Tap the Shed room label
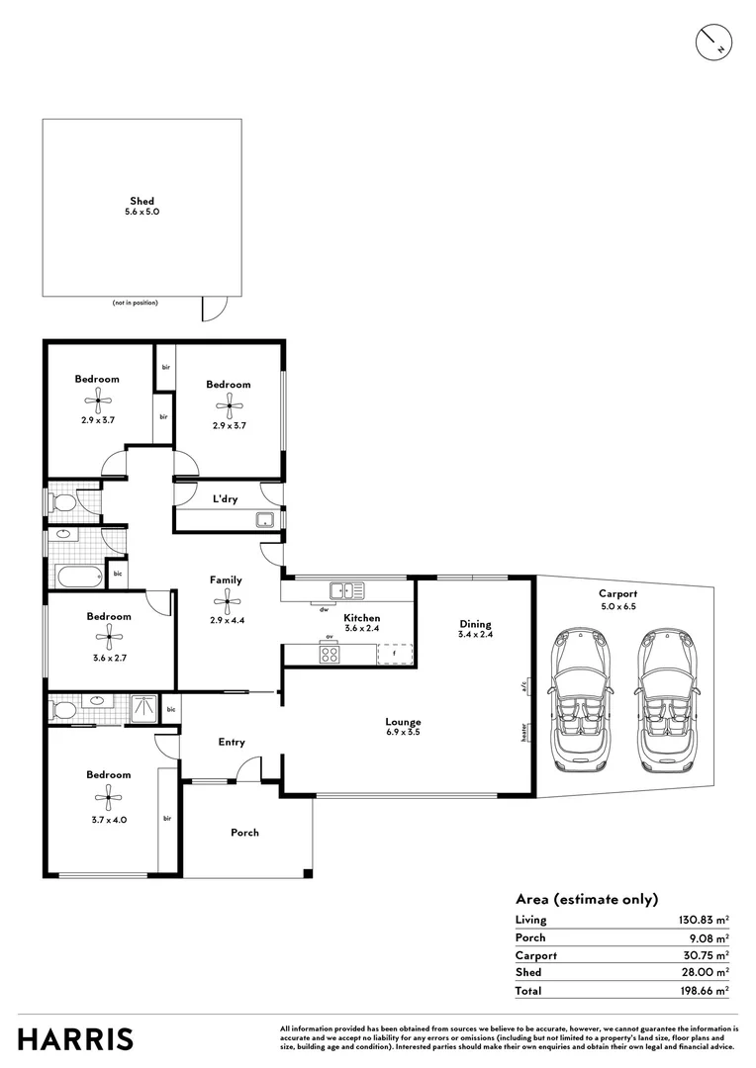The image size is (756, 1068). coord(142,202)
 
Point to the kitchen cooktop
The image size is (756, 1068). coord(330,654)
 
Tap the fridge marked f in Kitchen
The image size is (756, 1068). coord(394,654)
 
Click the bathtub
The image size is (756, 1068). coord(75,576)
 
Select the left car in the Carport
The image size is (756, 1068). coord(582,699)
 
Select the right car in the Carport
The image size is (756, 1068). coord(666,699)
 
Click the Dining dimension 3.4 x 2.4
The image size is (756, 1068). coord(476,635)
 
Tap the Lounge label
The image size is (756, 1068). coord(404,722)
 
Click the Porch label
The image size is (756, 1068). coord(244,833)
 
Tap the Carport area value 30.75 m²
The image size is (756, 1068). coord(703,955)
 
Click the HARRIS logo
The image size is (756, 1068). coord(75,1039)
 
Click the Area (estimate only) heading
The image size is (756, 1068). coord(586,899)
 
